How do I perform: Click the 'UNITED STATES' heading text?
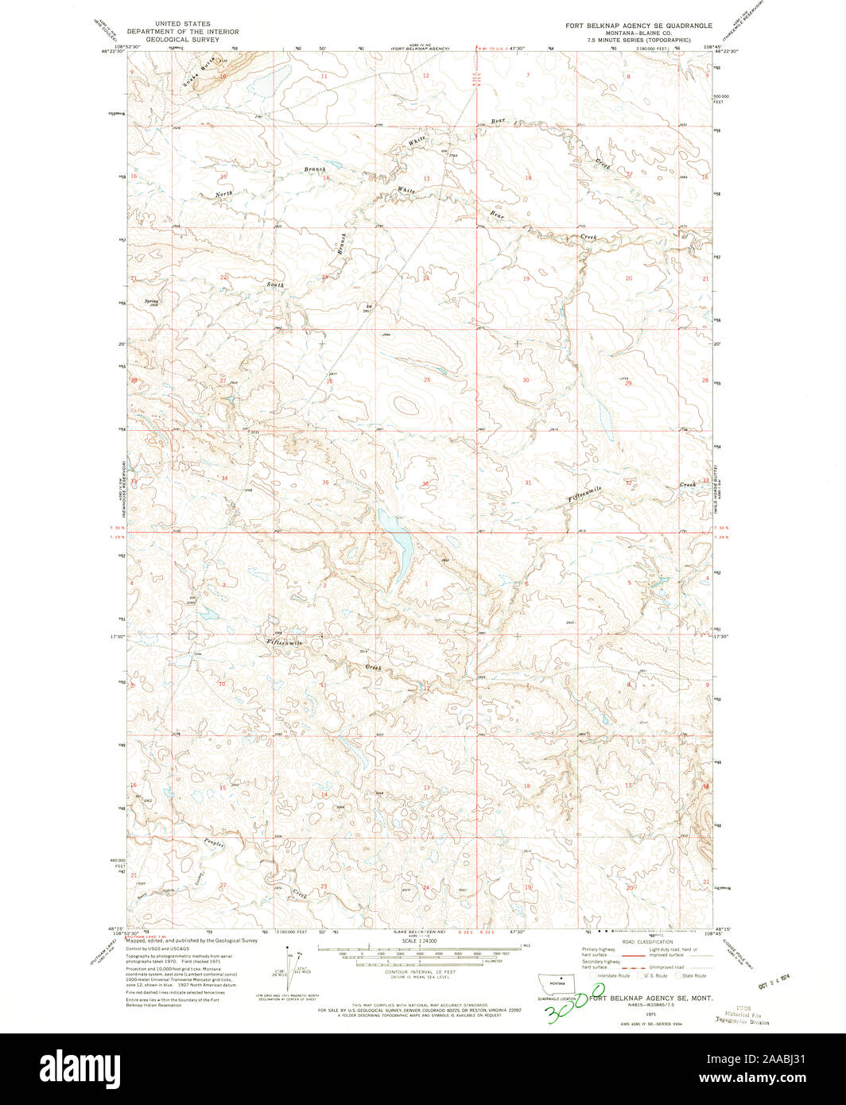pyautogui.click(x=183, y=25)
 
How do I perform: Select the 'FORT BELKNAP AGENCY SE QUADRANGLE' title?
pyautogui.click(x=638, y=25)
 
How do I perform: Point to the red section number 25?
pyautogui.click(x=427, y=380)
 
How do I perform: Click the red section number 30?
pyautogui.click(x=526, y=380)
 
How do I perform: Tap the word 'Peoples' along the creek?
pyautogui.click(x=215, y=844)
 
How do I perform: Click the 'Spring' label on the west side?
pyautogui.click(x=151, y=301)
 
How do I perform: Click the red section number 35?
pyautogui.click(x=325, y=483)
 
